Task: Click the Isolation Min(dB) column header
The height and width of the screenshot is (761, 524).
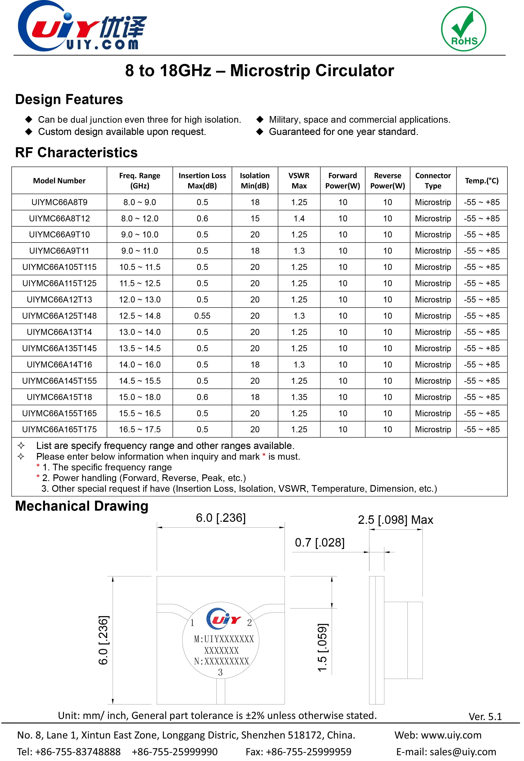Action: [255, 180]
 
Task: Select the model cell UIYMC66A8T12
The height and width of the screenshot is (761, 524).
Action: [59, 218]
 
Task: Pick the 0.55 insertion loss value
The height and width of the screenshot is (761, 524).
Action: [202, 316]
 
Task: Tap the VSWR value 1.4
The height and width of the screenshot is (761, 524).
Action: [299, 218]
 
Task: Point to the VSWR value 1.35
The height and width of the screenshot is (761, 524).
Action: [299, 397]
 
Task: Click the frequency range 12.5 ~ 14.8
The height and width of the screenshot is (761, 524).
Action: [140, 316]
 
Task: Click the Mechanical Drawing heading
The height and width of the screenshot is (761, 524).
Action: [82, 506]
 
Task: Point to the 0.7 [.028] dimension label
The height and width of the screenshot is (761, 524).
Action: [319, 543]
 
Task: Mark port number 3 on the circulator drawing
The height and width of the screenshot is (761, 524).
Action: [220, 672]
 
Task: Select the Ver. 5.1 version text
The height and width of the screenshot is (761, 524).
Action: [485, 716]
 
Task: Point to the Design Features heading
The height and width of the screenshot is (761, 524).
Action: [69, 99]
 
